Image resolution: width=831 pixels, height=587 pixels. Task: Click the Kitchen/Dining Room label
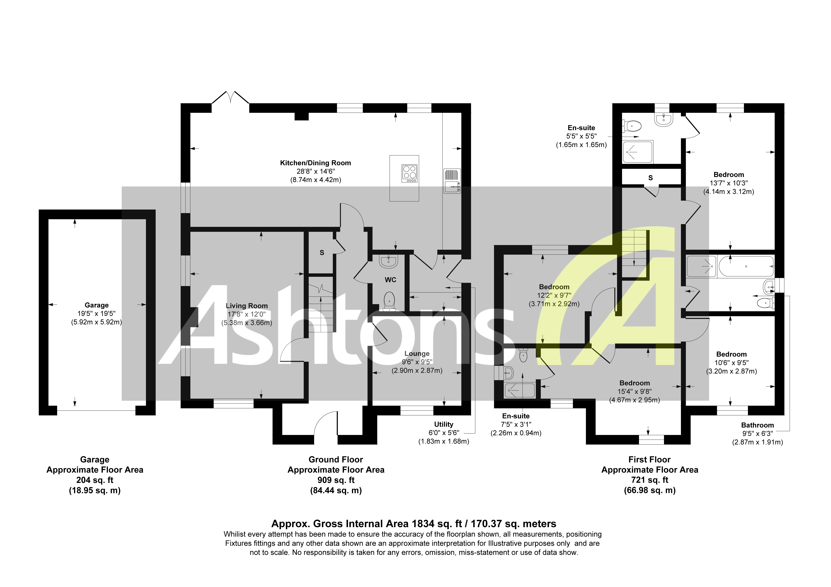(315, 163)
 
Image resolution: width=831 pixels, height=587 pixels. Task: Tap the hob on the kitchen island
(409, 173)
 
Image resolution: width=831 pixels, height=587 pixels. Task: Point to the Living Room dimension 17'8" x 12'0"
(247, 314)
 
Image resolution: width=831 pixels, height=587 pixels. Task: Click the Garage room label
(97, 305)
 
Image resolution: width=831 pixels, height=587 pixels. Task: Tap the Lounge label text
(417, 354)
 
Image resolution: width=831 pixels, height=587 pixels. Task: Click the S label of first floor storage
(650, 178)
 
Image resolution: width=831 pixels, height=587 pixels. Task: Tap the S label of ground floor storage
(322, 253)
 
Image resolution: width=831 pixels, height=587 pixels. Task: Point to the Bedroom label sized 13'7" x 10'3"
(729, 175)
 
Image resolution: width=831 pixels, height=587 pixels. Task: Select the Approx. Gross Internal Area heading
(414, 524)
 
